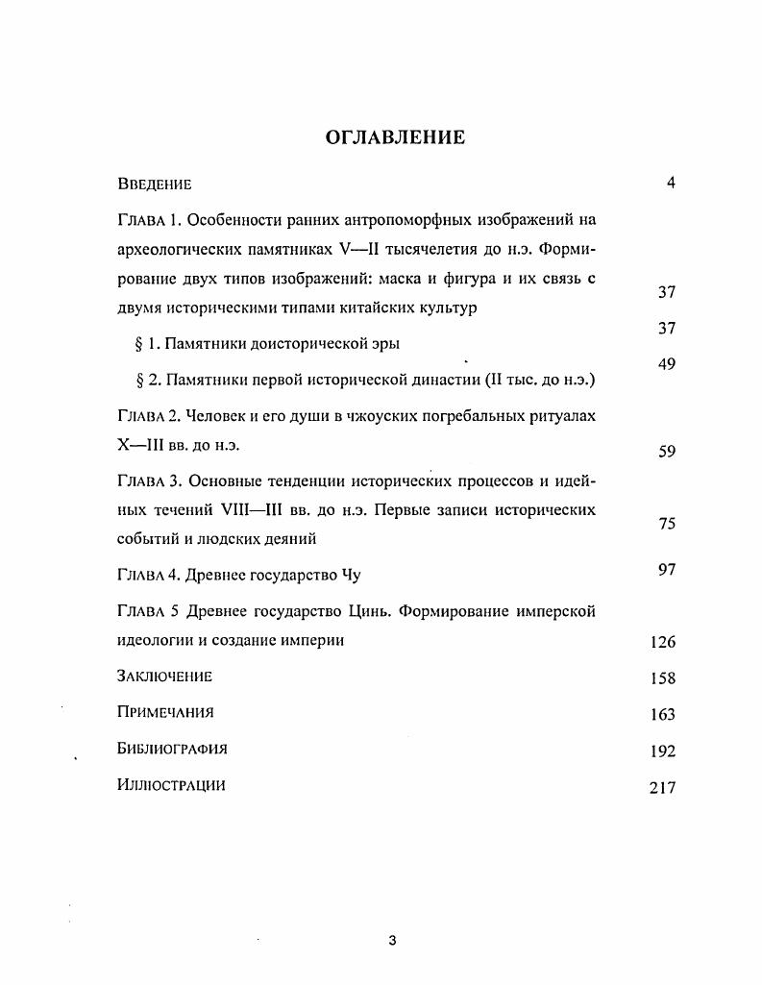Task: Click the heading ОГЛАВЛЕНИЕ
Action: coord(395,137)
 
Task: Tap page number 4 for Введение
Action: coord(671,184)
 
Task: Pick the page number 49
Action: coord(667,363)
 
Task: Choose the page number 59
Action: coord(667,452)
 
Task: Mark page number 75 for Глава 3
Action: coord(667,524)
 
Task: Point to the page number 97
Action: coord(667,570)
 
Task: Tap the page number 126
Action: coord(663,642)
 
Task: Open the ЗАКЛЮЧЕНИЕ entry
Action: coord(164,677)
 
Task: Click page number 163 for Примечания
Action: coord(663,714)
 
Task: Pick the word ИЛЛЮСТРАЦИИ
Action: coord(171,785)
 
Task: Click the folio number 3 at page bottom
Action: coord(392,941)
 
